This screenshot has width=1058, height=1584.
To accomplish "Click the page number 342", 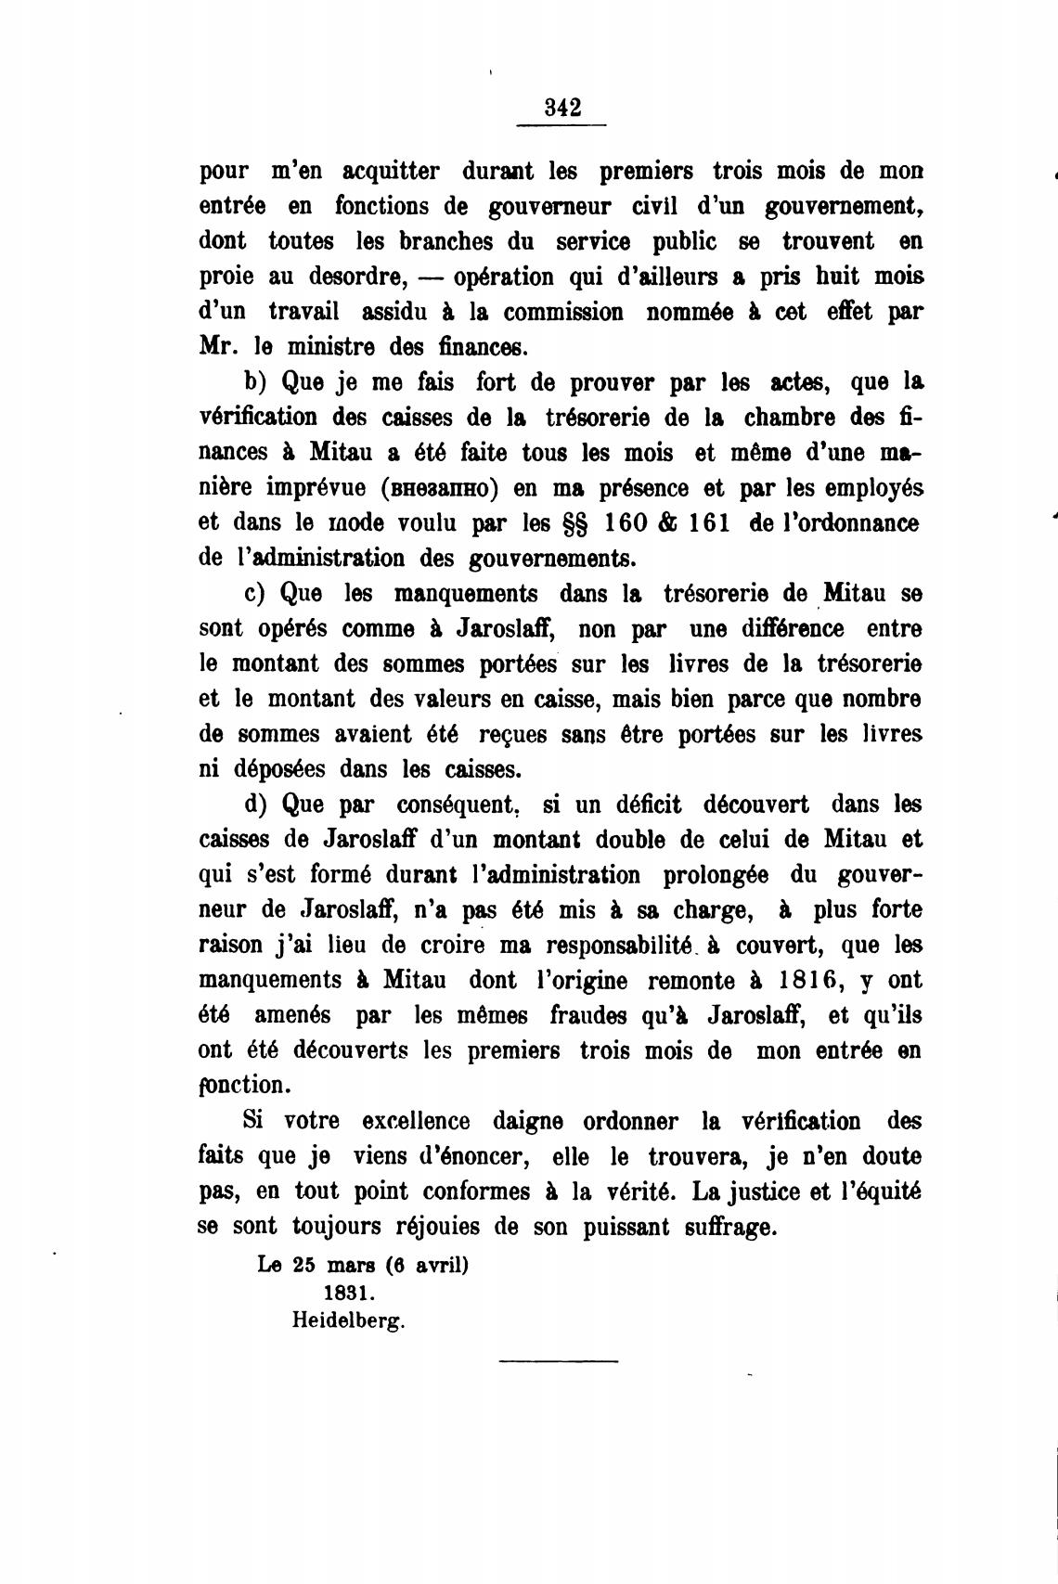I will pyautogui.click(x=562, y=106).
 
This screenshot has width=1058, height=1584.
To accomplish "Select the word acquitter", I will pyautogui.click(x=391, y=172).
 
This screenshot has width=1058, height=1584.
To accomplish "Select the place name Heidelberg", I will pyautogui.click(x=349, y=1320).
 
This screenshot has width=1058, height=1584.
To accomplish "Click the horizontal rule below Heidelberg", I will pyautogui.click(x=558, y=1361).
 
